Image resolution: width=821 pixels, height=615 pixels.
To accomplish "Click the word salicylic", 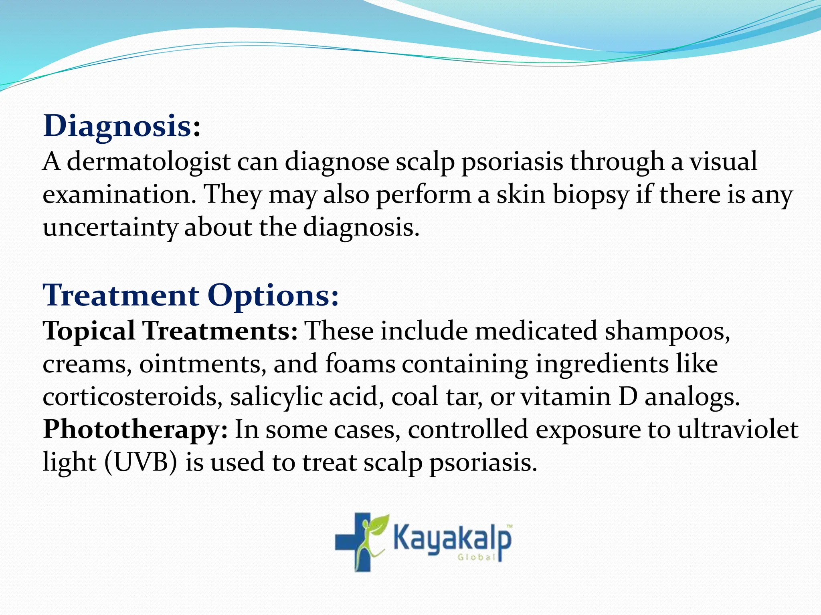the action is click(x=276, y=398).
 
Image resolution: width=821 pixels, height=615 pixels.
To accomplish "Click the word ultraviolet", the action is click(x=738, y=430).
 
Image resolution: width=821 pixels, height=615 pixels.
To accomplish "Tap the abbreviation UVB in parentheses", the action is click(x=141, y=463).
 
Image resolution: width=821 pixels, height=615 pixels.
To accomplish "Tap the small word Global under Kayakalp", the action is click(x=477, y=557).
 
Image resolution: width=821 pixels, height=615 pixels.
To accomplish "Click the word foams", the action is click(x=360, y=364).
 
